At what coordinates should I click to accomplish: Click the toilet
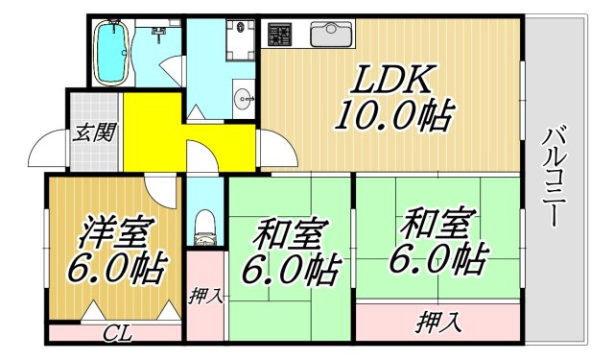pos(203,226)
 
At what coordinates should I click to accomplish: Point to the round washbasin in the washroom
pos(243,96)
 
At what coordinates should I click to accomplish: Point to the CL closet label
pos(118,334)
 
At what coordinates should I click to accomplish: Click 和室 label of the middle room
pos(292,233)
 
